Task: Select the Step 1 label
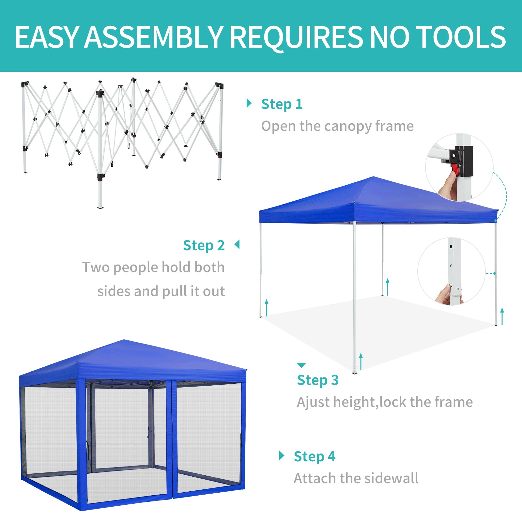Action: point(282,104)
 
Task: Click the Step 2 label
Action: point(204,246)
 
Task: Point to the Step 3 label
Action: point(318,380)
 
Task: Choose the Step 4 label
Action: point(315,457)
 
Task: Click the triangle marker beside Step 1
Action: point(249,103)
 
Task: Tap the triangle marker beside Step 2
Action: point(237,244)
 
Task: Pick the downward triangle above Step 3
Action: point(301,365)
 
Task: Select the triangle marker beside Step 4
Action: point(282,455)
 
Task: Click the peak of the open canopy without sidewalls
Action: point(374,177)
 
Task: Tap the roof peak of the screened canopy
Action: point(124,340)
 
